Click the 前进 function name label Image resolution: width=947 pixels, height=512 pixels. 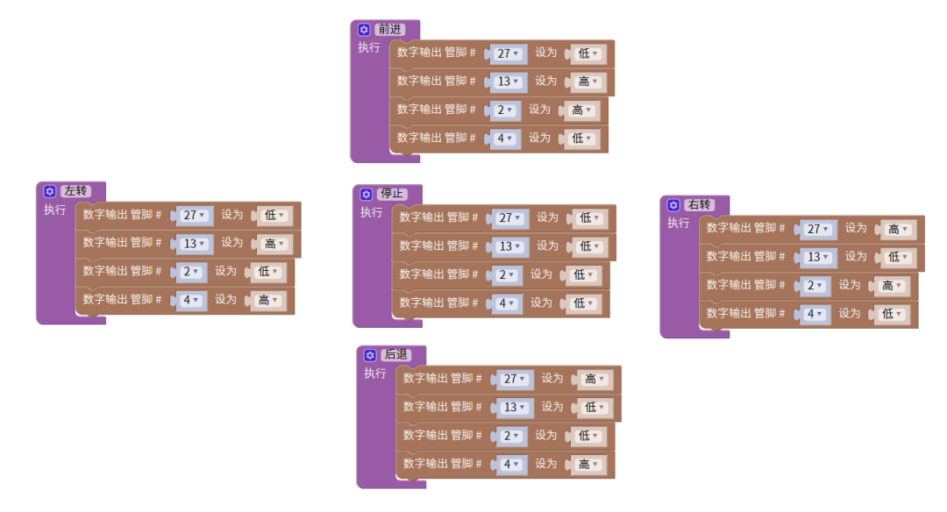pos(390,30)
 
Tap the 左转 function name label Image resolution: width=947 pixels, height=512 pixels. pos(76,191)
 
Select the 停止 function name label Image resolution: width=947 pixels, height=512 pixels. pos(393,194)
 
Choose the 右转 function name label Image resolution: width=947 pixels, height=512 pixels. pos(700,205)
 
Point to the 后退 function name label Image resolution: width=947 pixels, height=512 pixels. pos(396,355)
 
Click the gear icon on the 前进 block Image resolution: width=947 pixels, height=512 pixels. pos(365,30)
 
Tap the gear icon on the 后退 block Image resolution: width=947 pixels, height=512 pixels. pos(370,355)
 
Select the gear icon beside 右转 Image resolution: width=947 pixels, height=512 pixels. pos(673,205)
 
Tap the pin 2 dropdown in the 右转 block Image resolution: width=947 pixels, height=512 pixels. pos(816,286)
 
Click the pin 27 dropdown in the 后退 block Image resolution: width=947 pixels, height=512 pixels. pos(514,380)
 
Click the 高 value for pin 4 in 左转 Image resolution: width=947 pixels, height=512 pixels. pos(268,300)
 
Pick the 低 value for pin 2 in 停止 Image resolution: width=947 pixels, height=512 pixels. pos(582,274)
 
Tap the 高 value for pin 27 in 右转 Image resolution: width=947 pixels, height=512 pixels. pos(898,229)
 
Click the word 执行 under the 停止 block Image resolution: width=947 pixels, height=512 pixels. pos(372,213)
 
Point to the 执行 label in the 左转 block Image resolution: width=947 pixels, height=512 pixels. pos(55,210)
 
